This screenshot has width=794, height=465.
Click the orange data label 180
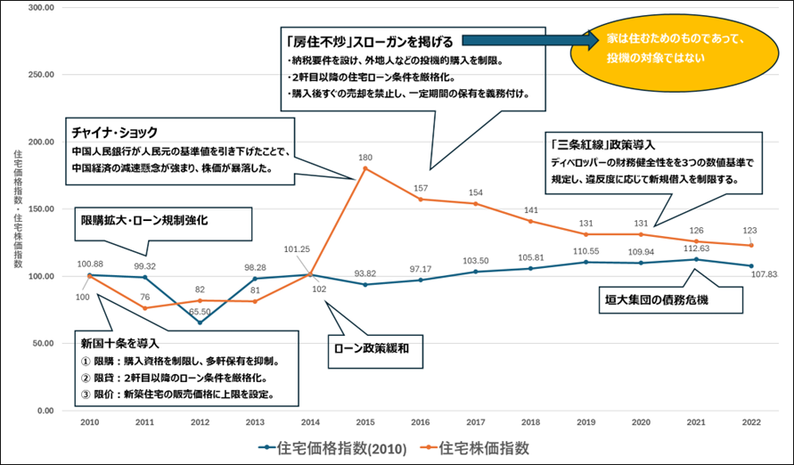[365, 158]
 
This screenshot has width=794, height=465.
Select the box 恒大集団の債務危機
[669, 299]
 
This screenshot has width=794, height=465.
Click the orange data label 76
[143, 298]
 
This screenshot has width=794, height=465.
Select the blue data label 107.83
[766, 274]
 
